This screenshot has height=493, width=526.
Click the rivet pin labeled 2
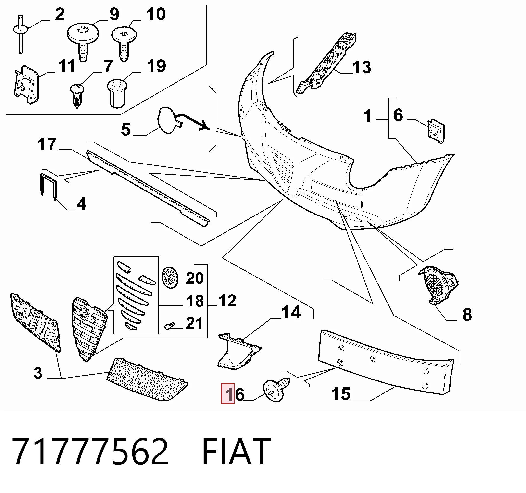20,34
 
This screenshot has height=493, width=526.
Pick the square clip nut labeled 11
26,85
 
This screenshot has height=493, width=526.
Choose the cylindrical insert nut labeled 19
117,94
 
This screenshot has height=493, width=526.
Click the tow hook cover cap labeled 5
169,120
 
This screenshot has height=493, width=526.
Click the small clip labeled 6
436,131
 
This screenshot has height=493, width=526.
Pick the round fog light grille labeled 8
438,286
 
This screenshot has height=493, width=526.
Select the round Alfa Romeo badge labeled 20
170,277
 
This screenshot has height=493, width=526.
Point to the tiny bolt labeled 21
170,326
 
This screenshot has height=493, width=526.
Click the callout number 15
340,394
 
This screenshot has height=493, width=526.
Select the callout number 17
47,144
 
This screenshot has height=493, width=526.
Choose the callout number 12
227,301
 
